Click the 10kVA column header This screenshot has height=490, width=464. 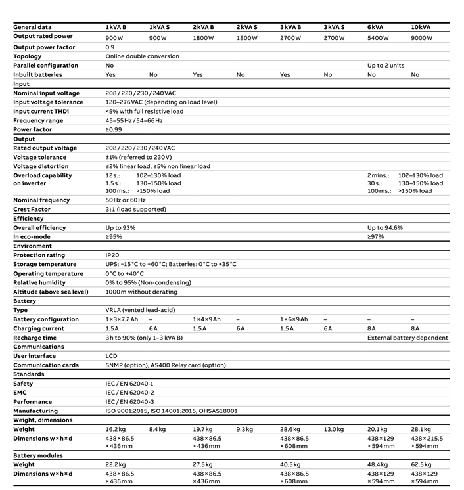coord(421,26)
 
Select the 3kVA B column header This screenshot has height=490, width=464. coord(290,26)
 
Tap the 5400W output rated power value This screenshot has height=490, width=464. coord(380,38)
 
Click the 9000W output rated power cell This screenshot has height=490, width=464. coord(422,38)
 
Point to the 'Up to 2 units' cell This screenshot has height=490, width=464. coord(386,66)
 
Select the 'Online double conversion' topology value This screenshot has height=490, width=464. coord(142,56)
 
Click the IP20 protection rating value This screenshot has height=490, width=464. coord(112,255)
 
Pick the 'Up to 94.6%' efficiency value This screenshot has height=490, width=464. coord(385,228)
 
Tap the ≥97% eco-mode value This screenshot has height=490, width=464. coord(376,237)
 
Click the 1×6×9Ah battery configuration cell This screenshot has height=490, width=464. coord(294,319)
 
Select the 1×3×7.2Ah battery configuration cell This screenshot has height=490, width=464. coord(122,319)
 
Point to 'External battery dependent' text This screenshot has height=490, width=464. coord(407,338)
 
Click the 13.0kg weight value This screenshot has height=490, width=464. coord(334,429)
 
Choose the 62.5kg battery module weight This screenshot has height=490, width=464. coord(422,464)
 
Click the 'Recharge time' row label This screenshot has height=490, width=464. coord(35,338)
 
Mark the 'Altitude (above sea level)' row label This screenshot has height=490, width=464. coord(51,292)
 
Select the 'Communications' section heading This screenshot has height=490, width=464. coord(39,347)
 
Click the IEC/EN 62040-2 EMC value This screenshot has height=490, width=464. coord(129,392)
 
